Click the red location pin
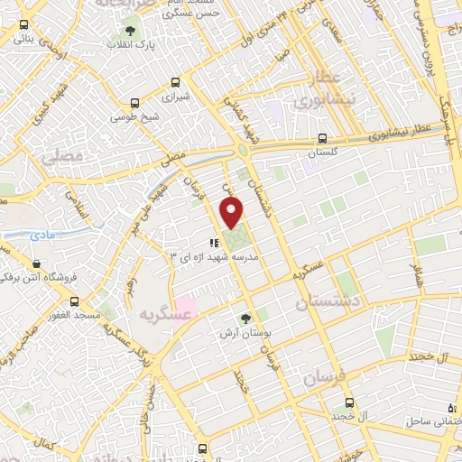232,213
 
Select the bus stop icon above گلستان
322,139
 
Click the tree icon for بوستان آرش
245,319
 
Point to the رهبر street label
134,288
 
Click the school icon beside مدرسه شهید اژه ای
214,243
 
